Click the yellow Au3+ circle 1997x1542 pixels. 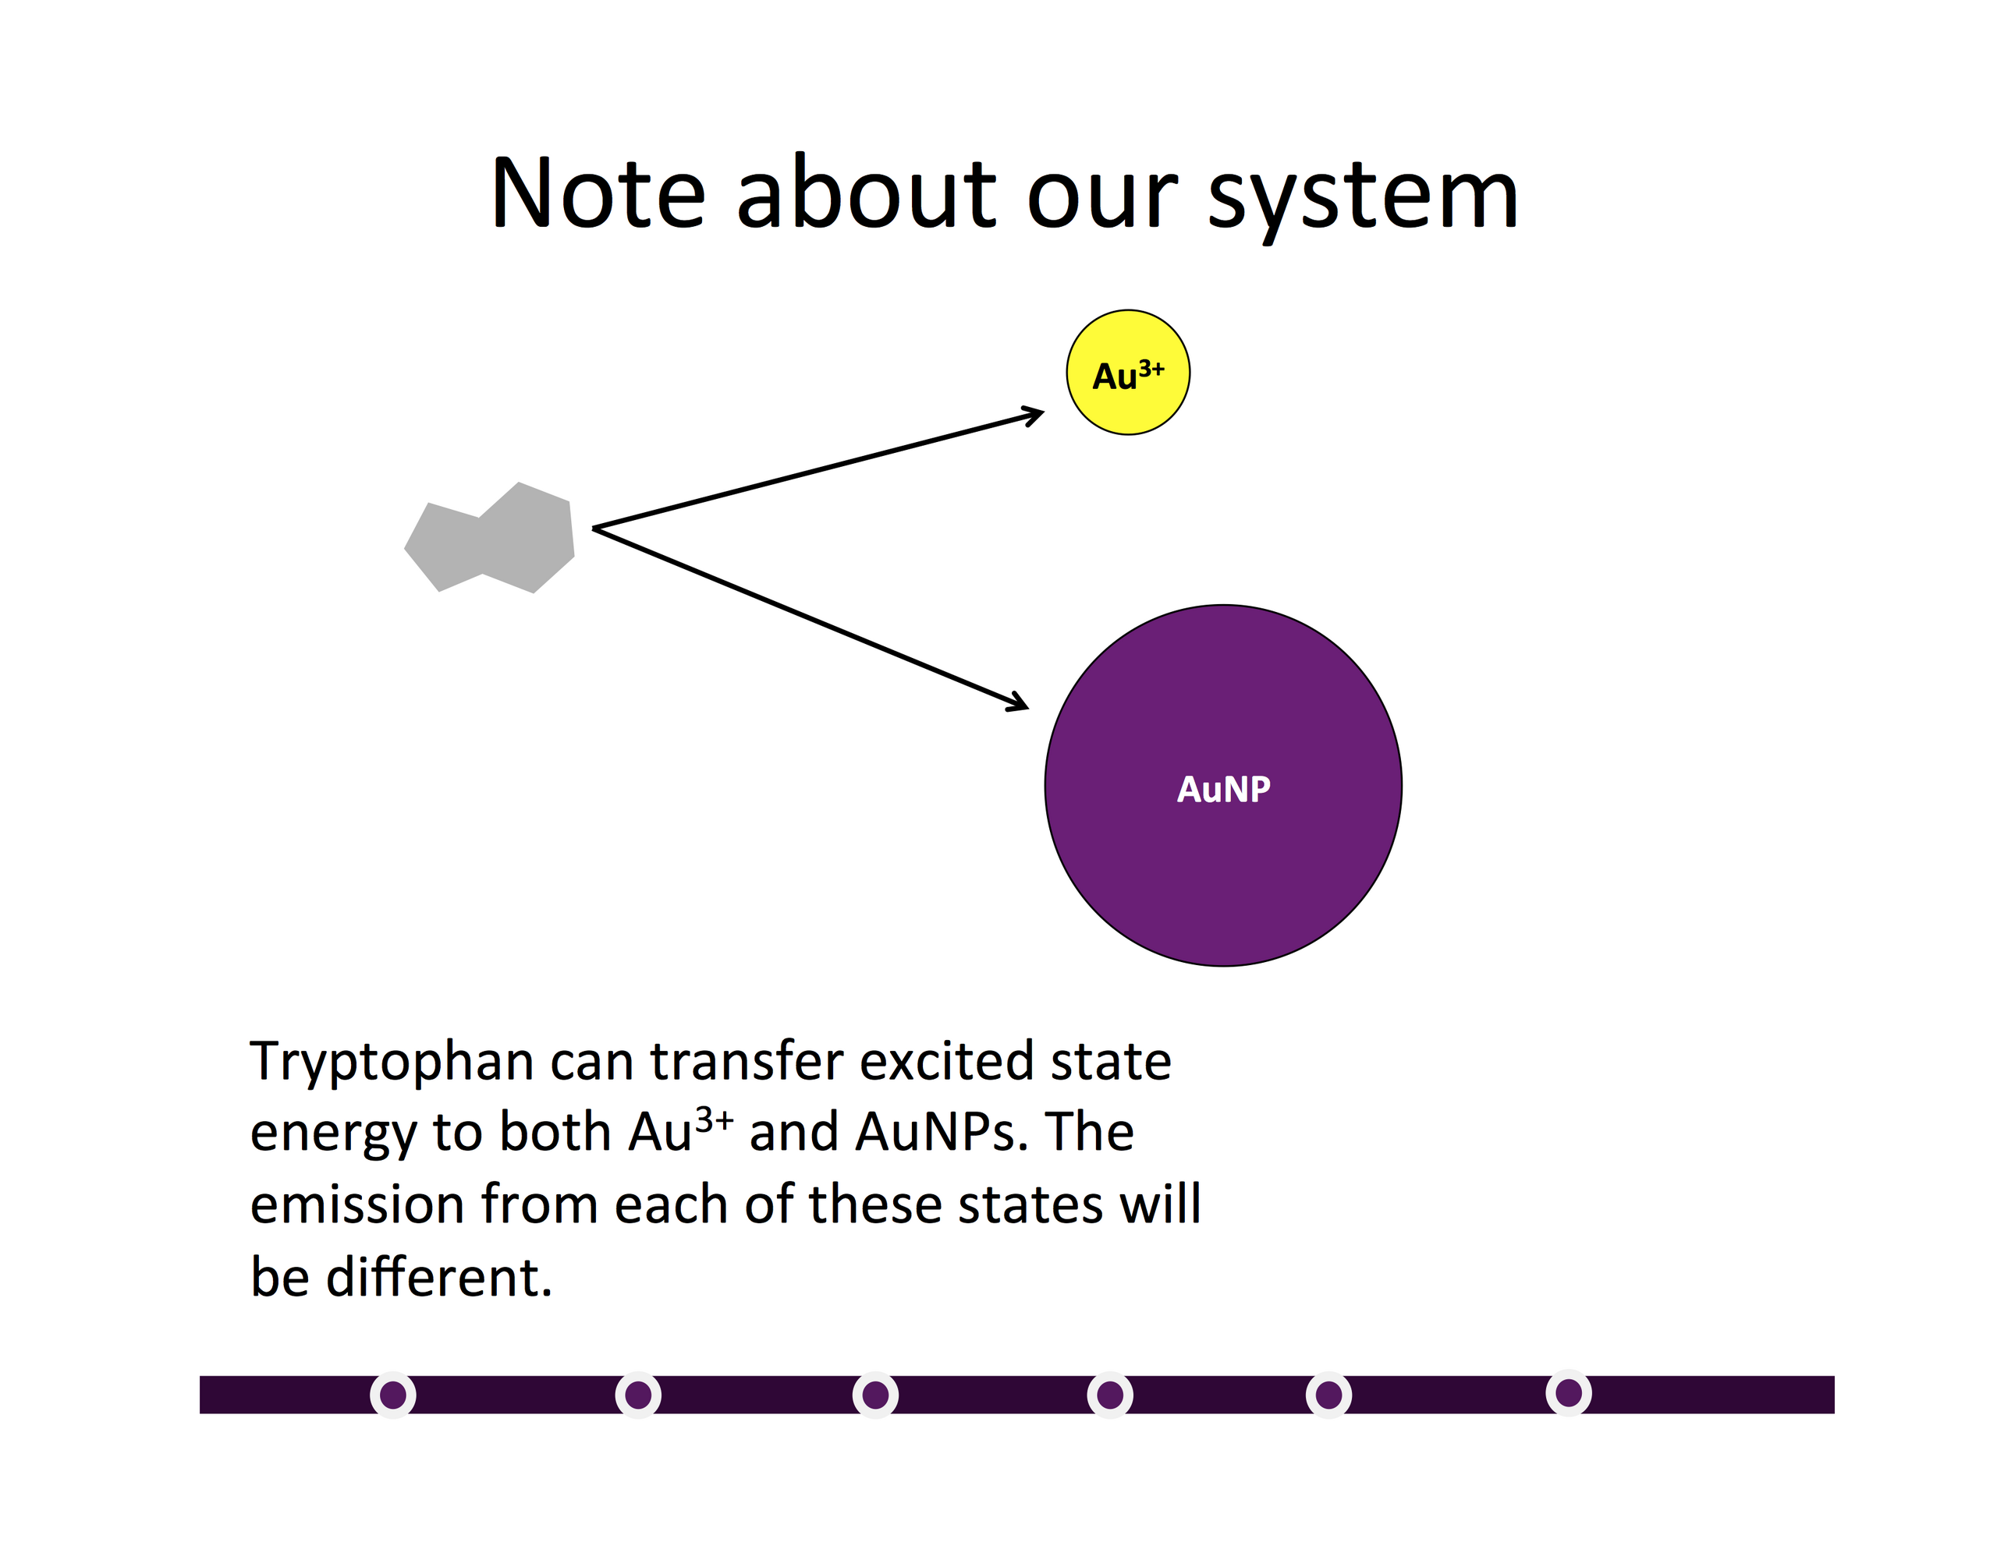(x=1128, y=372)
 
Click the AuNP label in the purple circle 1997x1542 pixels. (x=1223, y=789)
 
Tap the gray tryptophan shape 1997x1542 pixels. (x=490, y=537)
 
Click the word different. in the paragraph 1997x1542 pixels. (x=440, y=1276)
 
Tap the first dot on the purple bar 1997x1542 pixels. (x=393, y=1395)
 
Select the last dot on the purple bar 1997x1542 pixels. (x=1569, y=1393)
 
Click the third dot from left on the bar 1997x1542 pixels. (x=875, y=1395)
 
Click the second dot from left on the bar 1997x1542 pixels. (x=638, y=1395)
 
